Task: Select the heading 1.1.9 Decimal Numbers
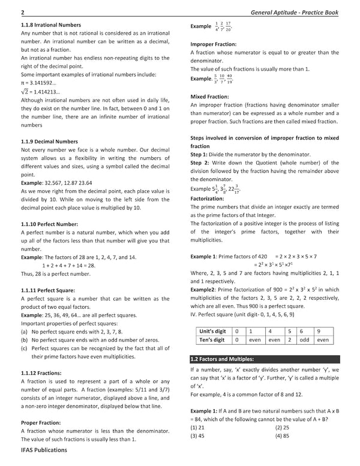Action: pos(41,141)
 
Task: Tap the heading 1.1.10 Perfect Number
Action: pos(41,223)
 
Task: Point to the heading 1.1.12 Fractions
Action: pos(35,372)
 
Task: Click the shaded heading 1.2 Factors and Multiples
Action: pos(221,359)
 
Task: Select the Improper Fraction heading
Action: pos(213,44)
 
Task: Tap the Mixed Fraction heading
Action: pos(208,96)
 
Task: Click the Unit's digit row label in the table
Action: pos(214,330)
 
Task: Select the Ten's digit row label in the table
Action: pos(214,340)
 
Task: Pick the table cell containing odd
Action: pos(304,340)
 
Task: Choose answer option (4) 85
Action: pos(285,436)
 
